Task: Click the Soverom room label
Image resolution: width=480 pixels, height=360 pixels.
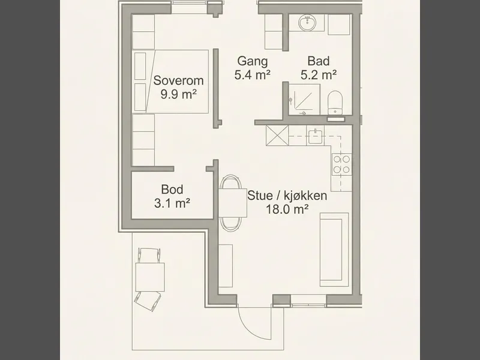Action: click(178, 80)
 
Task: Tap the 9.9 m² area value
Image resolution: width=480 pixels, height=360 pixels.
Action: click(178, 95)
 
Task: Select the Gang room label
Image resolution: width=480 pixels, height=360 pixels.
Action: click(253, 62)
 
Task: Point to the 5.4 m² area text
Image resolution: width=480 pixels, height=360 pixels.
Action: click(253, 75)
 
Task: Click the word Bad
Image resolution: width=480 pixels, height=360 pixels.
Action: click(319, 61)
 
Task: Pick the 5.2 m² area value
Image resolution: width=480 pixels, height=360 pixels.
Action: click(319, 75)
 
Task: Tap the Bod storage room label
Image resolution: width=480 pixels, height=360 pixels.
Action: click(172, 190)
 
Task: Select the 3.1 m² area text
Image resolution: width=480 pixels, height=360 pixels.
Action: click(172, 203)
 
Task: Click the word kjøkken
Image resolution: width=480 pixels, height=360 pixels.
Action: click(305, 196)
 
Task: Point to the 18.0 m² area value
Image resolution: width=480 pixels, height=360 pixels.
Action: click(287, 209)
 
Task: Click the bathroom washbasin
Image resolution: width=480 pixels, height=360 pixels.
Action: click(307, 22)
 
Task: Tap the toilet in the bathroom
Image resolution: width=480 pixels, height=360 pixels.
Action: click(334, 103)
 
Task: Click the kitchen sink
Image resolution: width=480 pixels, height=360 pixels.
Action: click(316, 136)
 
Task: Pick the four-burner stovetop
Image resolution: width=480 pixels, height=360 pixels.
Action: click(341, 164)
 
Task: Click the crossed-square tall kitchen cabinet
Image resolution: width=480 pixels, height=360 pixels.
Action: click(277, 135)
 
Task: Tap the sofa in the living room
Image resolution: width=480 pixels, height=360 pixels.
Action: click(334, 250)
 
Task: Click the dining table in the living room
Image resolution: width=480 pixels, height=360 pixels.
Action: click(233, 203)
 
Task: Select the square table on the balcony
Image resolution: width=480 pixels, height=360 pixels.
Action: click(150, 277)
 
